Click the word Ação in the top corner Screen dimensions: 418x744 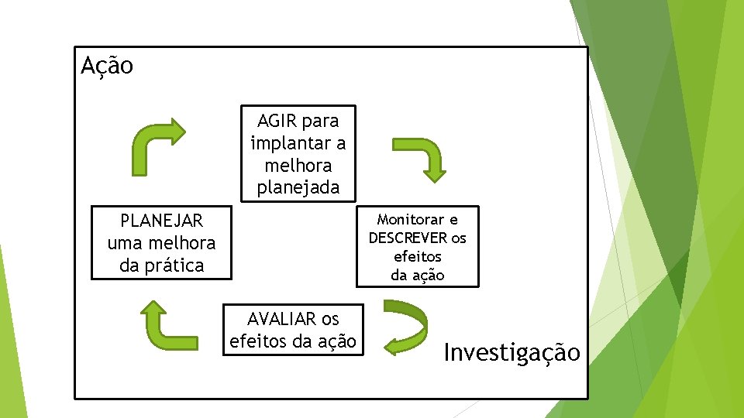tap(107, 66)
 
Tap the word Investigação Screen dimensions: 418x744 tap(511, 353)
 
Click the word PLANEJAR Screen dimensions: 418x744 tap(161, 221)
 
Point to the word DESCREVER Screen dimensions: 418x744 tap(408, 238)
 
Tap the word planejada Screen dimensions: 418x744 tap(298, 187)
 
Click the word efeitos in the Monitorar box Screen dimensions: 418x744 tap(417, 256)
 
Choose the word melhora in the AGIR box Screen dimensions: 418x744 tap(298, 166)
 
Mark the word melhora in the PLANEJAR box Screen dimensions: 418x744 tap(184, 243)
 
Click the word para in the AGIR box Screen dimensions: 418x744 tap(320, 121)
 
